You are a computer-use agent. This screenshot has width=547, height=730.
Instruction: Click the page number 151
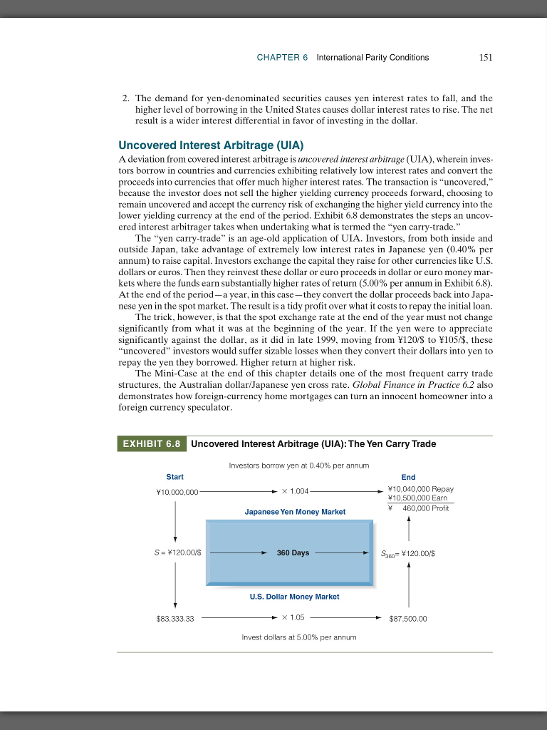tap(486, 58)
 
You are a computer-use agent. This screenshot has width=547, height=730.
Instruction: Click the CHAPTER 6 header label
tap(282, 58)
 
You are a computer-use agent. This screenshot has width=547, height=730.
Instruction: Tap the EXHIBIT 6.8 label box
tap(152, 443)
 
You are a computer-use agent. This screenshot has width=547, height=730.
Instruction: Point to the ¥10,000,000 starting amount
tap(177, 491)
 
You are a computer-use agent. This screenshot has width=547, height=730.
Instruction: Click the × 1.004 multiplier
tap(295, 491)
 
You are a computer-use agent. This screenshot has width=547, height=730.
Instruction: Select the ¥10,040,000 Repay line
tap(420, 489)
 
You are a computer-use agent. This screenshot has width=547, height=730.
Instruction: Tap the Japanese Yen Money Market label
tap(295, 512)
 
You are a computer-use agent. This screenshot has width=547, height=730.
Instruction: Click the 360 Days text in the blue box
tap(293, 552)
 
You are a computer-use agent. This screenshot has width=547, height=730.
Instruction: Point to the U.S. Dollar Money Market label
tap(294, 596)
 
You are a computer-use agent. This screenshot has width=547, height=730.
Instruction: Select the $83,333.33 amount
tap(175, 619)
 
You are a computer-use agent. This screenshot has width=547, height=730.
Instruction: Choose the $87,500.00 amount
tap(408, 619)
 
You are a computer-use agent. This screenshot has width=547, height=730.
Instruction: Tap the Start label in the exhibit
tap(174, 477)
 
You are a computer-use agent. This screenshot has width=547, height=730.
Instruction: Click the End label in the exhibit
tap(408, 477)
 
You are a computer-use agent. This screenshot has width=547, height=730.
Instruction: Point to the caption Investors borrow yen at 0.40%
tap(299, 465)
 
